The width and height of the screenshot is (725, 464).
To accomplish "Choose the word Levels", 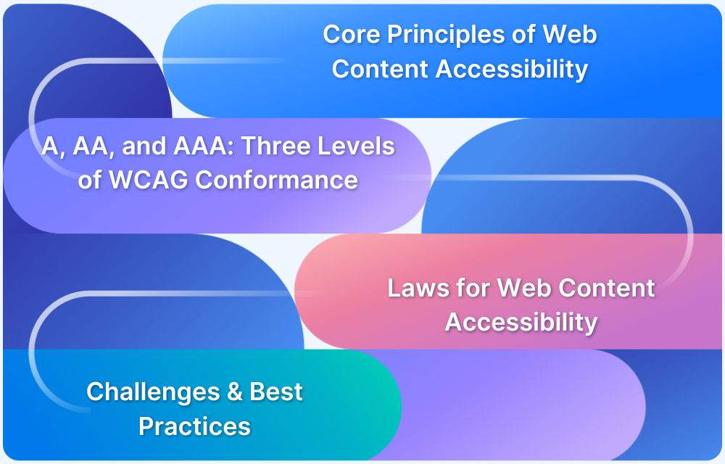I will [358, 146].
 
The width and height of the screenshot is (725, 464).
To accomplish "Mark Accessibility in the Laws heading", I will [521, 321].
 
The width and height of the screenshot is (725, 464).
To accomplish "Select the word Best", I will [276, 392].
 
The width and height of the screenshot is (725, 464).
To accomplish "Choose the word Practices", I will [194, 426].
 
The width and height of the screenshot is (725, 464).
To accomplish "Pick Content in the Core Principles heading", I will [379, 69].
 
